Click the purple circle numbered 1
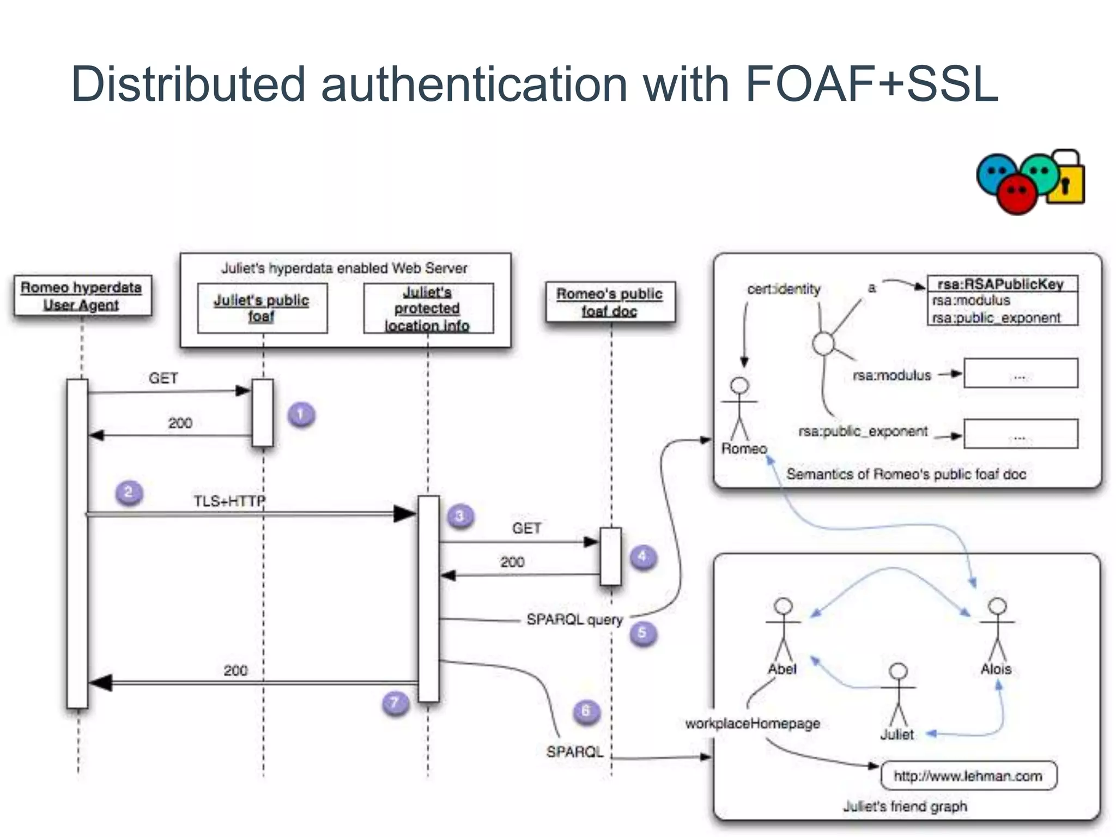click(x=301, y=415)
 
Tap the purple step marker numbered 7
click(x=395, y=703)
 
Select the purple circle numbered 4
click(x=643, y=557)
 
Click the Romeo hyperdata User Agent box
click(x=82, y=296)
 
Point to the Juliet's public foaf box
click(x=262, y=308)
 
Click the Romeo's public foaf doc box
click(x=610, y=302)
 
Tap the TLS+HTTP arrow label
click(x=229, y=501)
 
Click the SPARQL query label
click(x=574, y=620)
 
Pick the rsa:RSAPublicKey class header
click(x=1001, y=284)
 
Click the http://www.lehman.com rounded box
click(x=968, y=776)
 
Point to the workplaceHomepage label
click(x=753, y=724)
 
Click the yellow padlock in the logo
click(x=1066, y=180)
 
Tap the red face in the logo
click(x=1017, y=193)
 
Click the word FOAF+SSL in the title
click(x=871, y=84)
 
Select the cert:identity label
click(x=784, y=289)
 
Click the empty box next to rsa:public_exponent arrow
click(x=1020, y=434)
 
